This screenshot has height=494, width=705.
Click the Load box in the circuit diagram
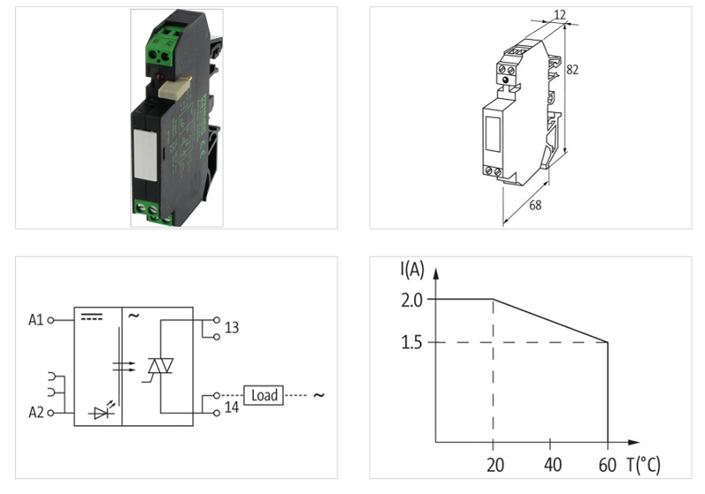(263, 395)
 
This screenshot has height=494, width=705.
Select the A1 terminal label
(34, 319)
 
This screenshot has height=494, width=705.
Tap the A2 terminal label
(34, 412)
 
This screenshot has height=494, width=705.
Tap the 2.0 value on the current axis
(412, 299)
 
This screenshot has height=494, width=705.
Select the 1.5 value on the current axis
(412, 342)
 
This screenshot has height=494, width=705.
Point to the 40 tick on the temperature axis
(551, 465)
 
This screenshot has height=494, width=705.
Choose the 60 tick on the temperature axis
(608, 465)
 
